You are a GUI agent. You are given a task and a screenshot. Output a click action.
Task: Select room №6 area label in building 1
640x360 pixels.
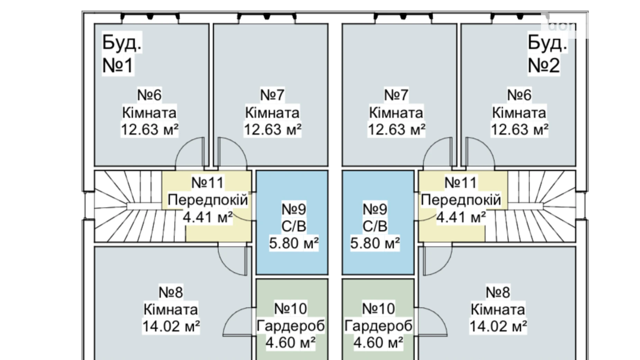click(x=149, y=130)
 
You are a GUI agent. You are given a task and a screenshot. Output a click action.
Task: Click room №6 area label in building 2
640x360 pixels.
click(x=519, y=130)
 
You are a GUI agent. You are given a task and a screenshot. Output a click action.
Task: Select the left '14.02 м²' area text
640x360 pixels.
click(x=171, y=326)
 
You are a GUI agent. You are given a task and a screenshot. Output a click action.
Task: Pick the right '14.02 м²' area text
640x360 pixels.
click(x=498, y=326)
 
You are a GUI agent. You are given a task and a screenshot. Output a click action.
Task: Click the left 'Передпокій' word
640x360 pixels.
click(x=208, y=200)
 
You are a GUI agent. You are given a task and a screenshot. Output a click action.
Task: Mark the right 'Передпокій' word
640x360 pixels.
click(x=461, y=200)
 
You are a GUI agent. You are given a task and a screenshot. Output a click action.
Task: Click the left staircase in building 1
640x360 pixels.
click(x=125, y=206)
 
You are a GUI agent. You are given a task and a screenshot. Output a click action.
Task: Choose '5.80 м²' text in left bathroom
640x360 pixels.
click(x=293, y=243)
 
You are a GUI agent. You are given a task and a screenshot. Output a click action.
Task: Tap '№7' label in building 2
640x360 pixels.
click(x=396, y=95)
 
